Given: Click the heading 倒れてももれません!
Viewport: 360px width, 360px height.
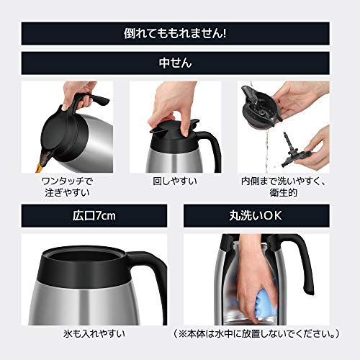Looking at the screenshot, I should (175, 33).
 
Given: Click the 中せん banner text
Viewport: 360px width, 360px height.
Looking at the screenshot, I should (175, 63).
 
